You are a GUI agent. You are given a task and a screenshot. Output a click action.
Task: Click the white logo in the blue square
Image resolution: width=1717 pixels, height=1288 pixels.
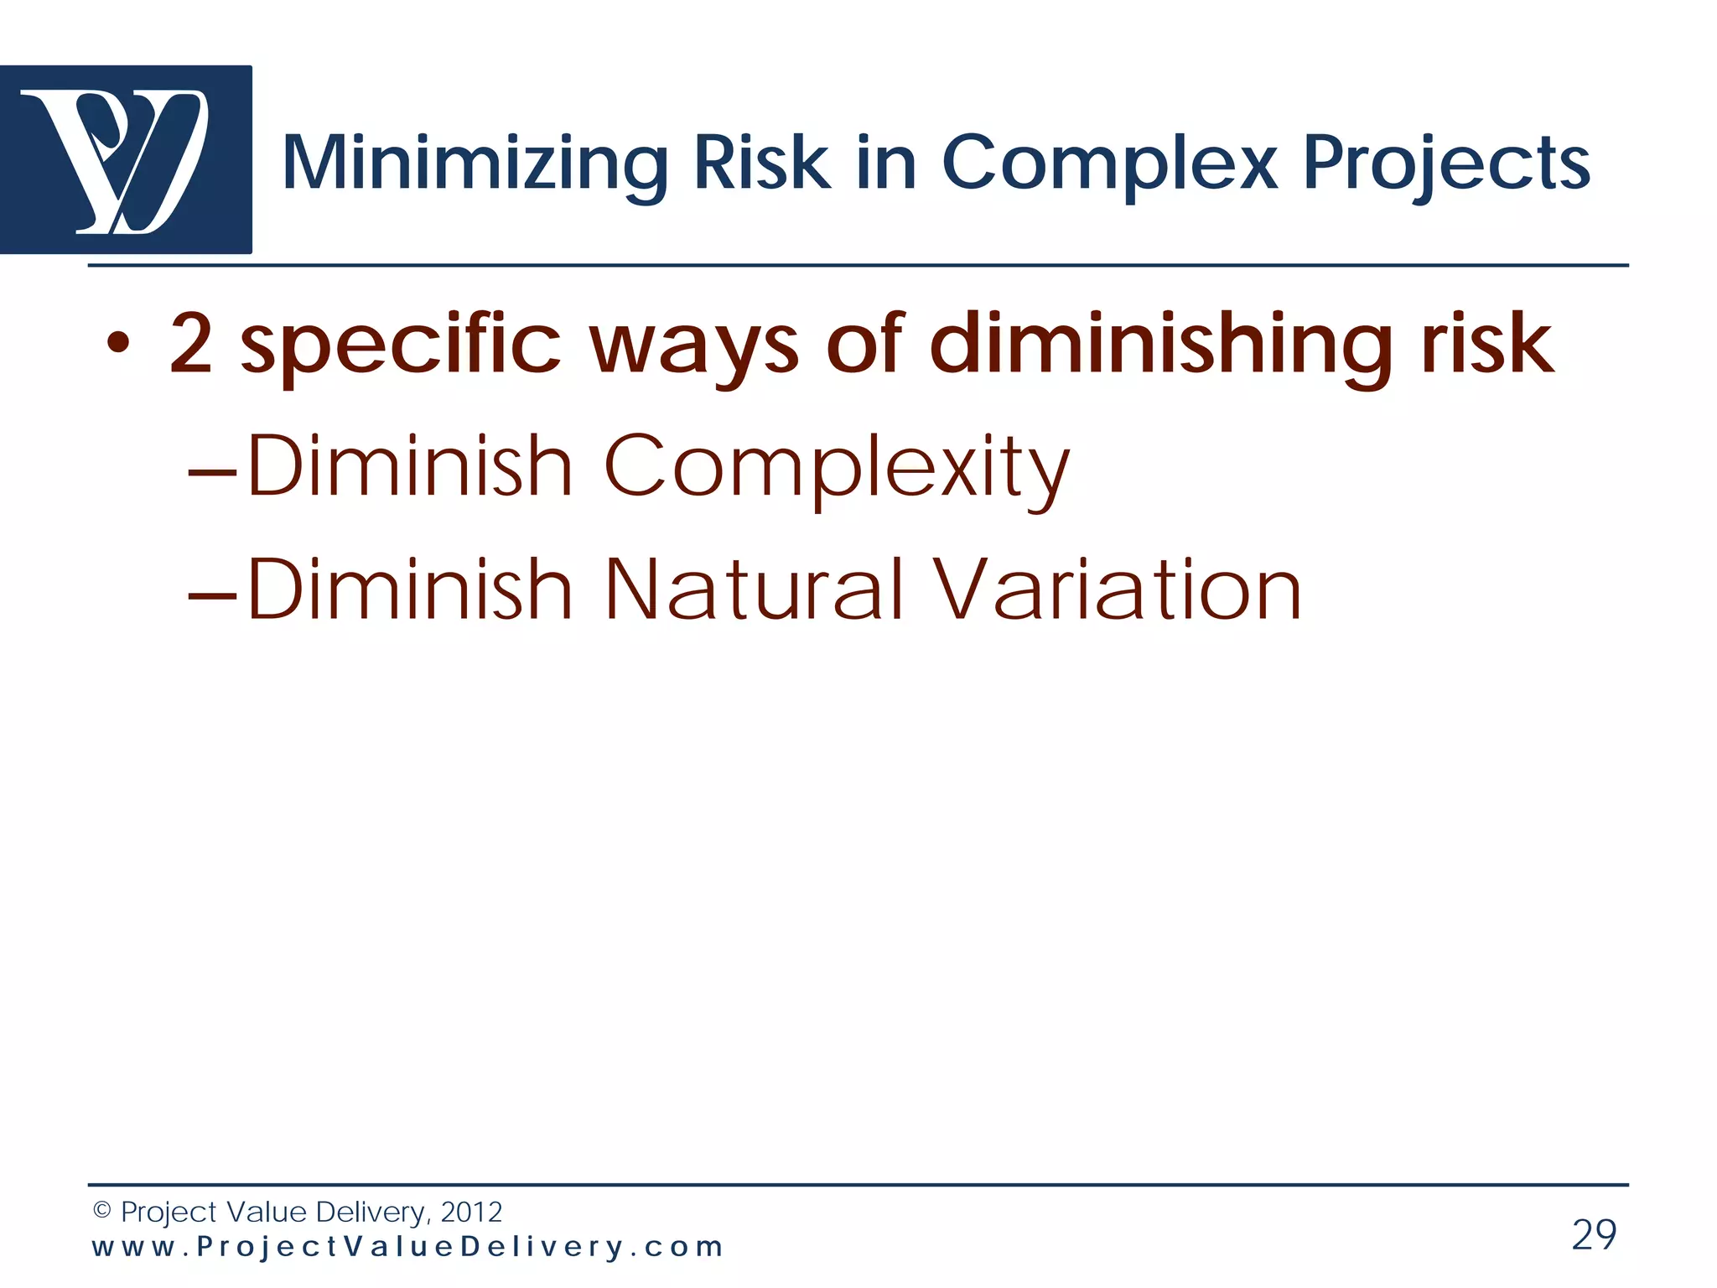coord(117,159)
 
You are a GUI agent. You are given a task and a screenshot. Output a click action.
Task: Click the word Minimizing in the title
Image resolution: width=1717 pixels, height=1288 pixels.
coord(475,164)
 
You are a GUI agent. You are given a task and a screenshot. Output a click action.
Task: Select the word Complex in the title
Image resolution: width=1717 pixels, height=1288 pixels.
coord(1109,164)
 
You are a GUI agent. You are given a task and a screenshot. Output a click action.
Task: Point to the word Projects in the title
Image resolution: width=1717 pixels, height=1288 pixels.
coord(1446,164)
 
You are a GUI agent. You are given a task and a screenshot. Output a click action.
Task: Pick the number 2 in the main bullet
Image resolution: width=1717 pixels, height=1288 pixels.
coord(190,343)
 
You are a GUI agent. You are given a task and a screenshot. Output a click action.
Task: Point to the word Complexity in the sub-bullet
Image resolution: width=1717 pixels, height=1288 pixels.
coord(836,467)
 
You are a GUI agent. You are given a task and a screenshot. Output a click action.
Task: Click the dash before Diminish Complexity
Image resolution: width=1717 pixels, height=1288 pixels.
coord(213,473)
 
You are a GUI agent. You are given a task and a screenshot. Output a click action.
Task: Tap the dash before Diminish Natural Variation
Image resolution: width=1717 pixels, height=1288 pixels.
coord(213,595)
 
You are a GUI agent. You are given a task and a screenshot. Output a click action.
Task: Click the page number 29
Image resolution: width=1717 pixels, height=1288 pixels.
coord(1594,1234)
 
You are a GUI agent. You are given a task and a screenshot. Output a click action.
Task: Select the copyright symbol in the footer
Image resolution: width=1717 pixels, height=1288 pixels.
coord(101,1210)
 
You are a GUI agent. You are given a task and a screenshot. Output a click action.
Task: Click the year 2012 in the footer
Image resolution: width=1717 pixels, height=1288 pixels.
coord(471,1212)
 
